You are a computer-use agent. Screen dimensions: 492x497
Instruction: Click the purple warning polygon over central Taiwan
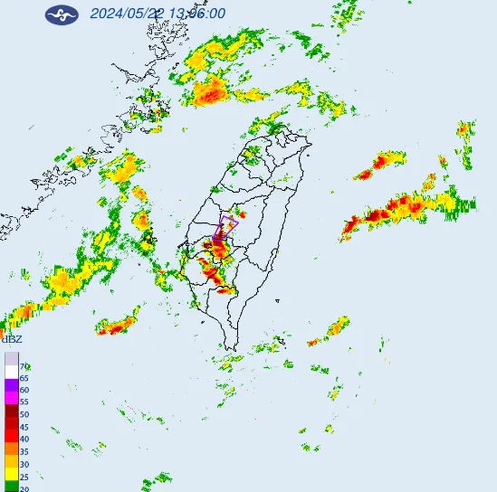228,224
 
